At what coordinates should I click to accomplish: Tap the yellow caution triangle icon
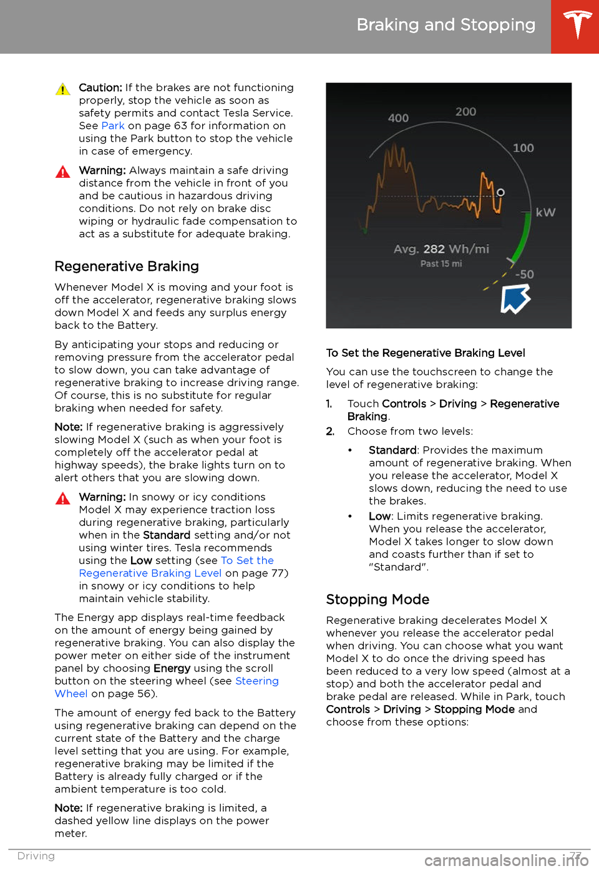pos(63,89)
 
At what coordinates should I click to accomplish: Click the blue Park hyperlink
pos(113,125)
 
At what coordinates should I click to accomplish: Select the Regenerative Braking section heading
pos(127,266)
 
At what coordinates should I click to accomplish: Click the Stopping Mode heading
pos(377,600)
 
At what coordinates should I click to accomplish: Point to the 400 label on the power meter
pos(398,118)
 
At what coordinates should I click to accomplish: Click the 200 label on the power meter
pos(465,112)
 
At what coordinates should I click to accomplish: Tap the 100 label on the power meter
pos(523,148)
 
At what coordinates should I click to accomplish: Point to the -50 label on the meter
pos(524,275)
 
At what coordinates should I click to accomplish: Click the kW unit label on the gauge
pos(545,212)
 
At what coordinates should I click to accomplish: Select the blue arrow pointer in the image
pos(515,299)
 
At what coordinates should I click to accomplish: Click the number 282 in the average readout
pos(434,249)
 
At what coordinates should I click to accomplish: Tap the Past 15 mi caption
pos(441,264)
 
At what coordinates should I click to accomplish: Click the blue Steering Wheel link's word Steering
pos(257,681)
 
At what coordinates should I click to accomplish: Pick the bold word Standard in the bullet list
pos(392,450)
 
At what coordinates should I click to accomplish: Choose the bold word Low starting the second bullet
pos(379,516)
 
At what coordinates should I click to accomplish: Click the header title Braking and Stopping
pos(446,25)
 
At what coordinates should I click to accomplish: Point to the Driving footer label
pos(36,856)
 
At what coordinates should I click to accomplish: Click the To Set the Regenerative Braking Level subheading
pos(426,353)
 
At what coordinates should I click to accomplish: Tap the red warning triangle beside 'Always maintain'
pos(63,172)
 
